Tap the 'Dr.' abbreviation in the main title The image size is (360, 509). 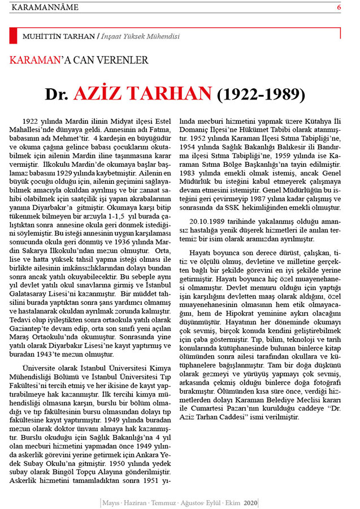58,94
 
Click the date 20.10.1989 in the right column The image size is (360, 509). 209,221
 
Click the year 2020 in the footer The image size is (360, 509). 251,502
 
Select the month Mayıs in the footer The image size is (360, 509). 112,502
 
